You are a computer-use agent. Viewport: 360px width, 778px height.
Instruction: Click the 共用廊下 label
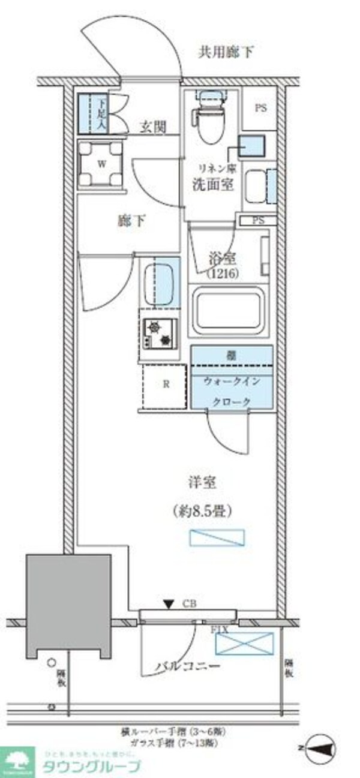coord(226,52)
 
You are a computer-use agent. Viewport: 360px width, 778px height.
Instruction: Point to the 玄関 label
coord(153,127)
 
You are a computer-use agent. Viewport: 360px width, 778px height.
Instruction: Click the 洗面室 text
coord(212,185)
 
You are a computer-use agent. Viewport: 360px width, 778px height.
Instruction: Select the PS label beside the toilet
coord(260,109)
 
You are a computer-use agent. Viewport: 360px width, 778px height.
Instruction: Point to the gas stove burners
coord(160,333)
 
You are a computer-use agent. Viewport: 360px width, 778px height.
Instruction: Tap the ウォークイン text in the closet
coord(232,381)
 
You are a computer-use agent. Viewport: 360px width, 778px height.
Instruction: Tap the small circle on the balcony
coord(53,662)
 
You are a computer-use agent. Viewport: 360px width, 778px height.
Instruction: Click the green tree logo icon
coord(17,761)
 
